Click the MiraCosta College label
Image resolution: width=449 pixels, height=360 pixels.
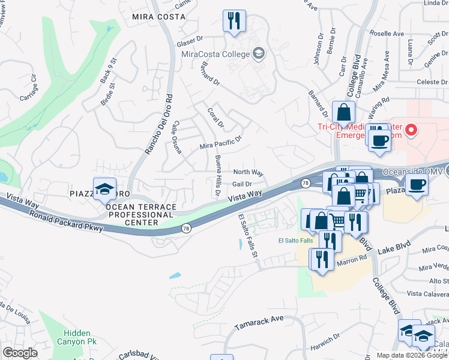[x=215, y=55]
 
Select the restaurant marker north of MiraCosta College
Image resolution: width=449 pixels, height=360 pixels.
[x=233, y=20]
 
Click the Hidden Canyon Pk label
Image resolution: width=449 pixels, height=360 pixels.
[x=77, y=337]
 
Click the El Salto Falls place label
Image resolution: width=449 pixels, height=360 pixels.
[x=295, y=241]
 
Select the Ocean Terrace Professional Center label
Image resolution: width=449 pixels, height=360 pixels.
[x=141, y=215]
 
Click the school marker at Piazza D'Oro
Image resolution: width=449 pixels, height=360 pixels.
[x=104, y=188]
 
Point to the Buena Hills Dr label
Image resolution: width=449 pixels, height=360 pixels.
[x=217, y=176]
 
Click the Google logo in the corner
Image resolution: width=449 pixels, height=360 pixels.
[x=20, y=352]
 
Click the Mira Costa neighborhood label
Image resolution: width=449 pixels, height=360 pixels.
[x=159, y=17]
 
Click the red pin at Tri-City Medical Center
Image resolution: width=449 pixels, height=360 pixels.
[x=411, y=129]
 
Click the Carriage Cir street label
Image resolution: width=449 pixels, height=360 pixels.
[x=29, y=85]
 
